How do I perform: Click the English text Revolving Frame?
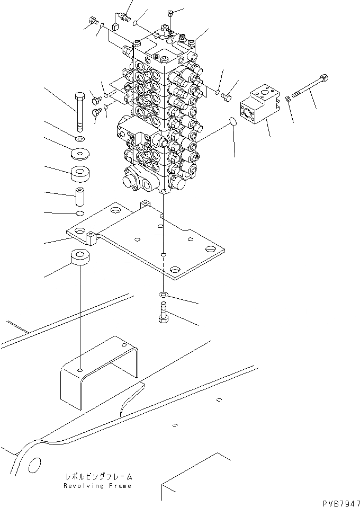[x=97, y=486]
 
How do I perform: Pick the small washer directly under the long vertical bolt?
[x=80, y=139]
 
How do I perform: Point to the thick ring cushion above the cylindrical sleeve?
[x=81, y=174]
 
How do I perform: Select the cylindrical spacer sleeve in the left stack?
[x=80, y=198]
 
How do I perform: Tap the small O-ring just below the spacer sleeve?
[x=80, y=214]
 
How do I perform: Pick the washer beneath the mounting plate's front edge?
[x=164, y=294]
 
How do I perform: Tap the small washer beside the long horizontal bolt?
[x=287, y=99]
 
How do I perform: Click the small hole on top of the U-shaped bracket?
[x=79, y=370]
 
